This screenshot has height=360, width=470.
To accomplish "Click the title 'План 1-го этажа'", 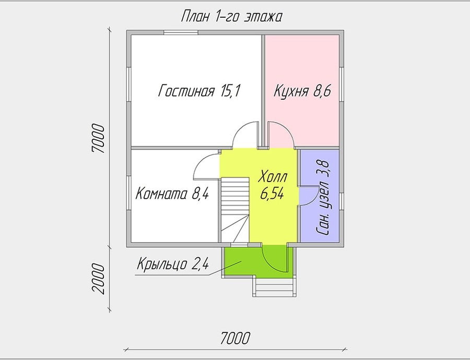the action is [x=231, y=17].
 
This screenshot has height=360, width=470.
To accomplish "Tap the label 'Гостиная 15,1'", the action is [x=199, y=91].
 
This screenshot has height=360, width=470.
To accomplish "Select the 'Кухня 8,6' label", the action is [x=302, y=91].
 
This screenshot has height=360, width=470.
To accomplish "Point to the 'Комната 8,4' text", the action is [x=172, y=194].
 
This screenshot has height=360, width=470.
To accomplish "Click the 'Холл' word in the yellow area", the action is [x=273, y=177].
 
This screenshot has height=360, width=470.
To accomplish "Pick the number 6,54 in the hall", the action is [x=272, y=194].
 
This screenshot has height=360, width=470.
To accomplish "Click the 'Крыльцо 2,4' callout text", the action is [x=173, y=264].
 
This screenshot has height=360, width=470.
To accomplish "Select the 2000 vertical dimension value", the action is [x=99, y=279].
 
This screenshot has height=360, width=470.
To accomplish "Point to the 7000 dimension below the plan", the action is [x=235, y=338].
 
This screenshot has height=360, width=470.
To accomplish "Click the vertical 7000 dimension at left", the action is [x=99, y=139].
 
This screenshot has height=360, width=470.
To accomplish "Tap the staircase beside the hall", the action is [x=236, y=210].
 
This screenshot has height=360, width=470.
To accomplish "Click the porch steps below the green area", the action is [x=274, y=286].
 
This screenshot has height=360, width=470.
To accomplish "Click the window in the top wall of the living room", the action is [x=181, y=33].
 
